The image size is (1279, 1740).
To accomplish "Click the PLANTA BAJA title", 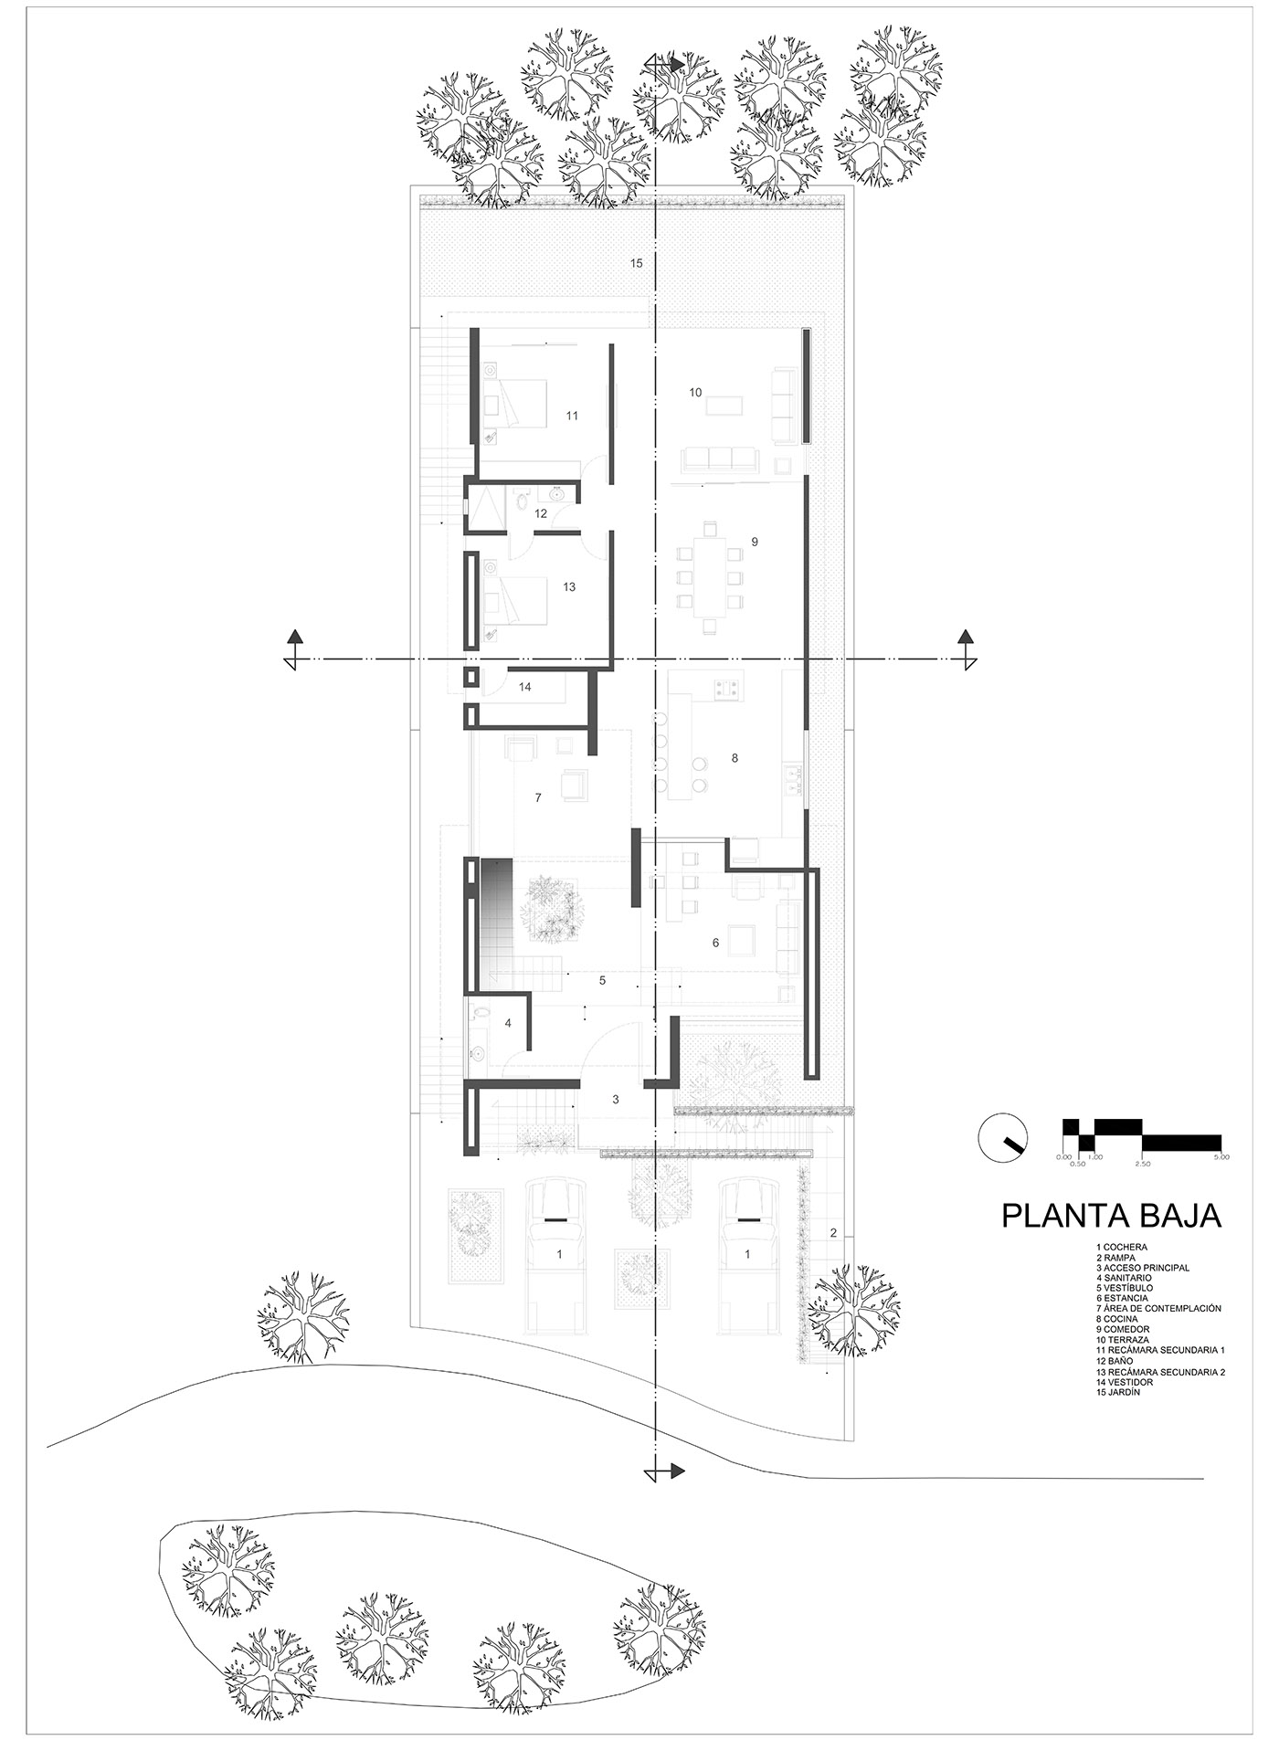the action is pos(1111,1216).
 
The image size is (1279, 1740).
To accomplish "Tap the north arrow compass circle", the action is pos(1002,1136).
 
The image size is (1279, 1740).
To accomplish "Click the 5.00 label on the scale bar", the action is pos(1221,1157).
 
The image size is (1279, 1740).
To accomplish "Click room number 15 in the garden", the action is pos(637,263).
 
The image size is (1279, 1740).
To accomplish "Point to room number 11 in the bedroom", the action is pos(572,416).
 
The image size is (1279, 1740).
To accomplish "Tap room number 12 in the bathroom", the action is pos(541,513).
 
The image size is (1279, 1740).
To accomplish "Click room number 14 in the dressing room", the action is pos(524,686).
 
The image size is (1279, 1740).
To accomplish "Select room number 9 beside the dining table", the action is pos(755,542).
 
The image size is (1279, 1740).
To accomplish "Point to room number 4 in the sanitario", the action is pos(508,1023).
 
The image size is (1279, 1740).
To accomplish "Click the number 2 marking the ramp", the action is pos(833,1232).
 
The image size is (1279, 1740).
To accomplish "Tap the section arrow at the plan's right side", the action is pos(967,649).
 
